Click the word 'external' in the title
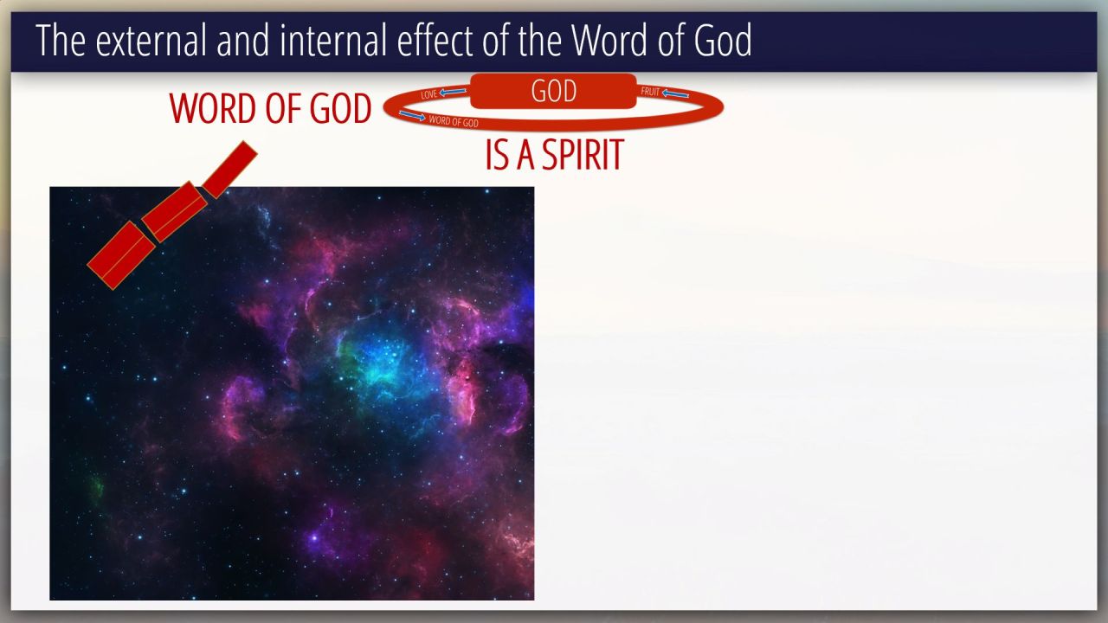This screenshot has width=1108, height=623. click(x=151, y=40)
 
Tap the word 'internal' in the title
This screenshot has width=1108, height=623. click(x=333, y=40)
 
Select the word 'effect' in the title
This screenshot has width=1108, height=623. click(x=435, y=40)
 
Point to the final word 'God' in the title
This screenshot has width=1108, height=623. click(x=723, y=40)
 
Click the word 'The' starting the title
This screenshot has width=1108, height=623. click(x=61, y=40)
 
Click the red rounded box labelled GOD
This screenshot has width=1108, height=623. click(x=553, y=91)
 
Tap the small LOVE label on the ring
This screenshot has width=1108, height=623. click(x=428, y=94)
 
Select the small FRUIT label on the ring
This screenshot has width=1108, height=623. click(x=650, y=92)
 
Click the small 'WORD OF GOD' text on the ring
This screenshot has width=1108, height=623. click(x=454, y=121)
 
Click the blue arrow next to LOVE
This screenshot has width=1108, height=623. click(x=453, y=92)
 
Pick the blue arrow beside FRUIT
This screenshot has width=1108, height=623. click(x=675, y=93)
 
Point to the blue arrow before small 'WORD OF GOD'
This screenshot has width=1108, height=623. click(x=413, y=116)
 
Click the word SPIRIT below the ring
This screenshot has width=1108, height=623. click(x=583, y=155)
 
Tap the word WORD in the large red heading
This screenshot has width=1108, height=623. click(x=213, y=108)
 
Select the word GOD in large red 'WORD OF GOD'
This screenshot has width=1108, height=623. click(x=340, y=108)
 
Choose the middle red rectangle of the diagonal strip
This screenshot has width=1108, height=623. click(x=174, y=212)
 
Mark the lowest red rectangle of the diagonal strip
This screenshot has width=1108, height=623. click(x=120, y=255)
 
